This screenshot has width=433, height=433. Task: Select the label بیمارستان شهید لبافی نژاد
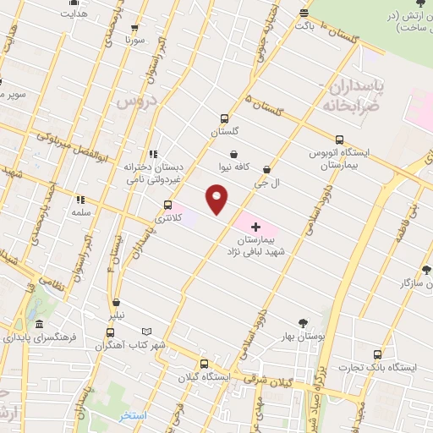click(257, 245)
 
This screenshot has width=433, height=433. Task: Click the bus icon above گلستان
click(224, 119)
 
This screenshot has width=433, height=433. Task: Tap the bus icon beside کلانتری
click(167, 204)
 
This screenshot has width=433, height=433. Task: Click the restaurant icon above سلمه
click(80, 200)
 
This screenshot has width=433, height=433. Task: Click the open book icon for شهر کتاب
click(147, 331)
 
